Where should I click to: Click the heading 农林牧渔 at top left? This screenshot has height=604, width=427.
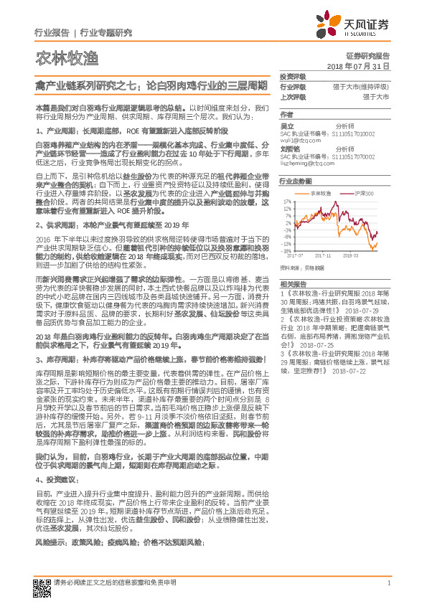point(57,58)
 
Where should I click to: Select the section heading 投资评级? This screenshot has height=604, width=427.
point(292,76)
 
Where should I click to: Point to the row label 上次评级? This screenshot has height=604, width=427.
point(292,96)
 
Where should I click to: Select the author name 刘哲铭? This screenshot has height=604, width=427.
point(289,149)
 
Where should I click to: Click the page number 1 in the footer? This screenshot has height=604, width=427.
point(388,583)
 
